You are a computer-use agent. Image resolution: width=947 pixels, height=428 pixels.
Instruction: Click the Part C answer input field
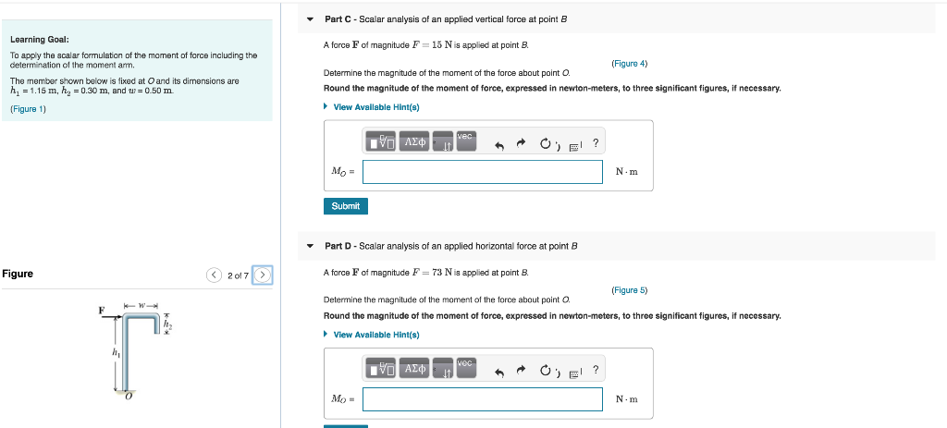tap(482, 172)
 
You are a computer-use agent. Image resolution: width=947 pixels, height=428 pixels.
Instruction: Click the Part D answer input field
tap(482, 399)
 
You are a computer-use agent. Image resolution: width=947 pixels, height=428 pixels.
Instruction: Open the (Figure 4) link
tap(629, 64)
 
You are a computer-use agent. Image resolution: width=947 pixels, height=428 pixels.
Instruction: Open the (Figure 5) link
tap(629, 290)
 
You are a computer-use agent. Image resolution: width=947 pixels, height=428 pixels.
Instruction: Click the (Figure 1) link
tap(28, 109)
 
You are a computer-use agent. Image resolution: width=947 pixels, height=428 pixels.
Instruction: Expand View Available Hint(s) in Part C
tap(375, 107)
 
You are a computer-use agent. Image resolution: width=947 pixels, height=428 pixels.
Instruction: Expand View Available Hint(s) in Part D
tap(375, 335)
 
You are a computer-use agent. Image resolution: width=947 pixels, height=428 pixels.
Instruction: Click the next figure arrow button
tap(263, 275)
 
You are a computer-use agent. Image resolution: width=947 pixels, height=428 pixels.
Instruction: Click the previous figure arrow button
tap(215, 275)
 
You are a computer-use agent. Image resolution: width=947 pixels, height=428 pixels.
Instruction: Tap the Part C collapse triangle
tap(311, 19)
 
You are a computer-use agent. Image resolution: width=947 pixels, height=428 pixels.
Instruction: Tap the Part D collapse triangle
tap(311, 246)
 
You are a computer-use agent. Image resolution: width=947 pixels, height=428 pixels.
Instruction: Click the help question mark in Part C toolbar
tap(596, 142)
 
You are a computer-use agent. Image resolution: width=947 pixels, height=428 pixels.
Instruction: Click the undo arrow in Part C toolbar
tap(499, 143)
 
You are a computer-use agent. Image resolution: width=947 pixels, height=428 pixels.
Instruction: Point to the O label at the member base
tap(129, 397)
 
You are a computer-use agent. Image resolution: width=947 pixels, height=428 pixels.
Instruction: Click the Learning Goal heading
tap(40, 40)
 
